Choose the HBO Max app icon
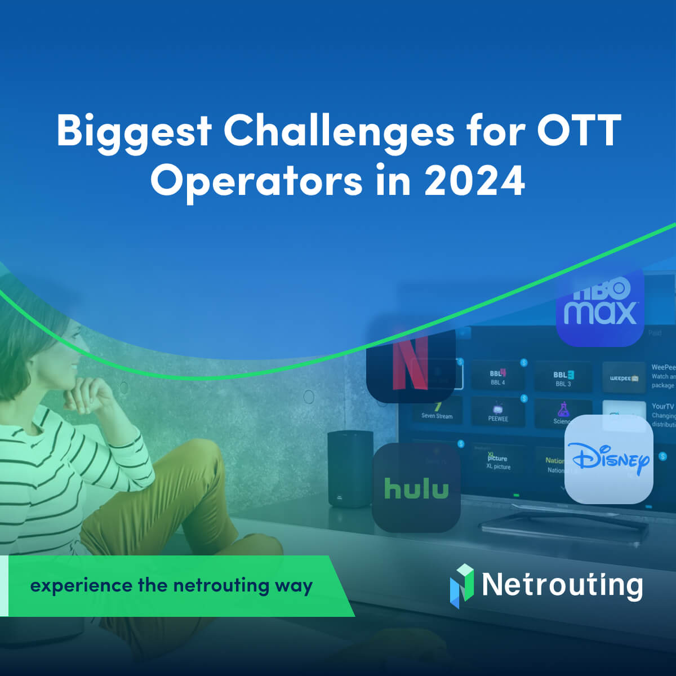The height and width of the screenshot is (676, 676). [x=600, y=307]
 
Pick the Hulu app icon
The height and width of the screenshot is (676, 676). [x=416, y=488]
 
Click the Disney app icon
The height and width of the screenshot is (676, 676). [x=608, y=460]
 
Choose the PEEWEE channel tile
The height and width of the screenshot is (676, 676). [x=498, y=412]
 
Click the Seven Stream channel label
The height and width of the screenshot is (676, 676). [x=437, y=416]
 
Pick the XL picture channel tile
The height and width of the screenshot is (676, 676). [x=498, y=462]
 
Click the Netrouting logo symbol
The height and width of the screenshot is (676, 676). [x=462, y=585]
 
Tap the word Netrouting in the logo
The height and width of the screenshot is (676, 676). [x=562, y=585]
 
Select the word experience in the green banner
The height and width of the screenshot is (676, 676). [x=80, y=586]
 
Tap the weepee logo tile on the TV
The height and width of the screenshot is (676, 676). [x=624, y=377]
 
